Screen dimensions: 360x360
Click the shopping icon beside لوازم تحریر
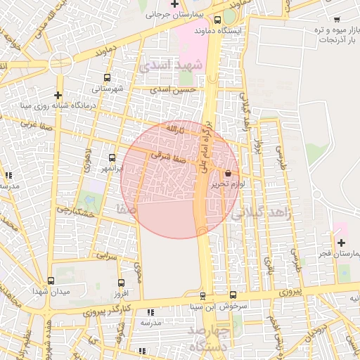(x=228, y=173)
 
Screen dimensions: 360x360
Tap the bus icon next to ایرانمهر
(x=112, y=157)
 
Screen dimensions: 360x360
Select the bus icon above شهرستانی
(x=107, y=78)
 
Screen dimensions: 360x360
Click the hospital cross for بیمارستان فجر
(x=341, y=243)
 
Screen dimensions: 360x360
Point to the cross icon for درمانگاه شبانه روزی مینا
(x=58, y=95)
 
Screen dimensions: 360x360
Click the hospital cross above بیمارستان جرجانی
(x=174, y=4)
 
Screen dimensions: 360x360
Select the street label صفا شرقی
(x=171, y=160)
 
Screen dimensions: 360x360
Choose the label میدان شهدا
(x=49, y=290)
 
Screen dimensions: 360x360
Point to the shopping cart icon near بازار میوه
(x=337, y=19)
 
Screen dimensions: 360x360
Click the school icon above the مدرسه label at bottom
(x=150, y=312)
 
